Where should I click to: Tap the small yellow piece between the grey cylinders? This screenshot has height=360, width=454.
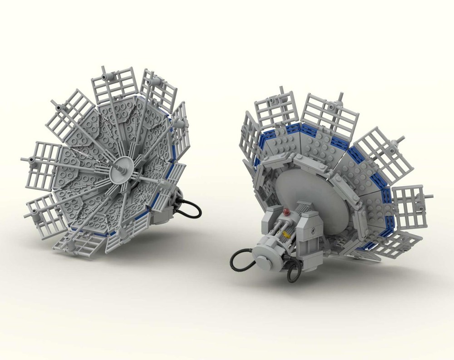coord(286,233)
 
